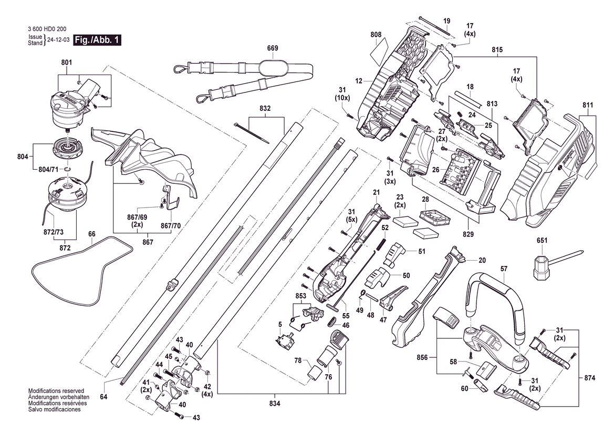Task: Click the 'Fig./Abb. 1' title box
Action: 97,40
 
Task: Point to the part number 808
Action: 376,35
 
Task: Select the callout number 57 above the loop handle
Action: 504,268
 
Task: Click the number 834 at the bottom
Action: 275,404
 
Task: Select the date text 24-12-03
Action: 58,40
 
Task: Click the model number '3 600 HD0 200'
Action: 48,29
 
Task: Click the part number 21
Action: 376,193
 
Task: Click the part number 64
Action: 103,397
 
